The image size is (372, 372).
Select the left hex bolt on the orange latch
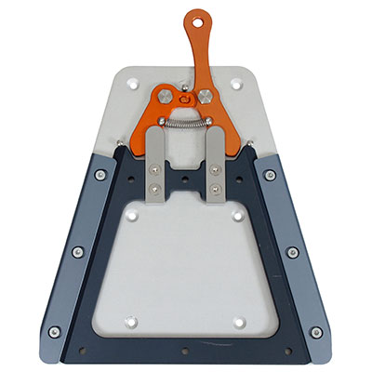[x=164, y=97]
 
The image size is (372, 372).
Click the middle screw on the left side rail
[x=78, y=251]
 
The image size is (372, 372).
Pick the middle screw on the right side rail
[x=294, y=251]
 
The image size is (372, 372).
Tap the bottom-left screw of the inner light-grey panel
[x=131, y=322]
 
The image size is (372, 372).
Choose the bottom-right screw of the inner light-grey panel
[x=241, y=322]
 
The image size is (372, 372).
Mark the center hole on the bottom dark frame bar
[x=186, y=351]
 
